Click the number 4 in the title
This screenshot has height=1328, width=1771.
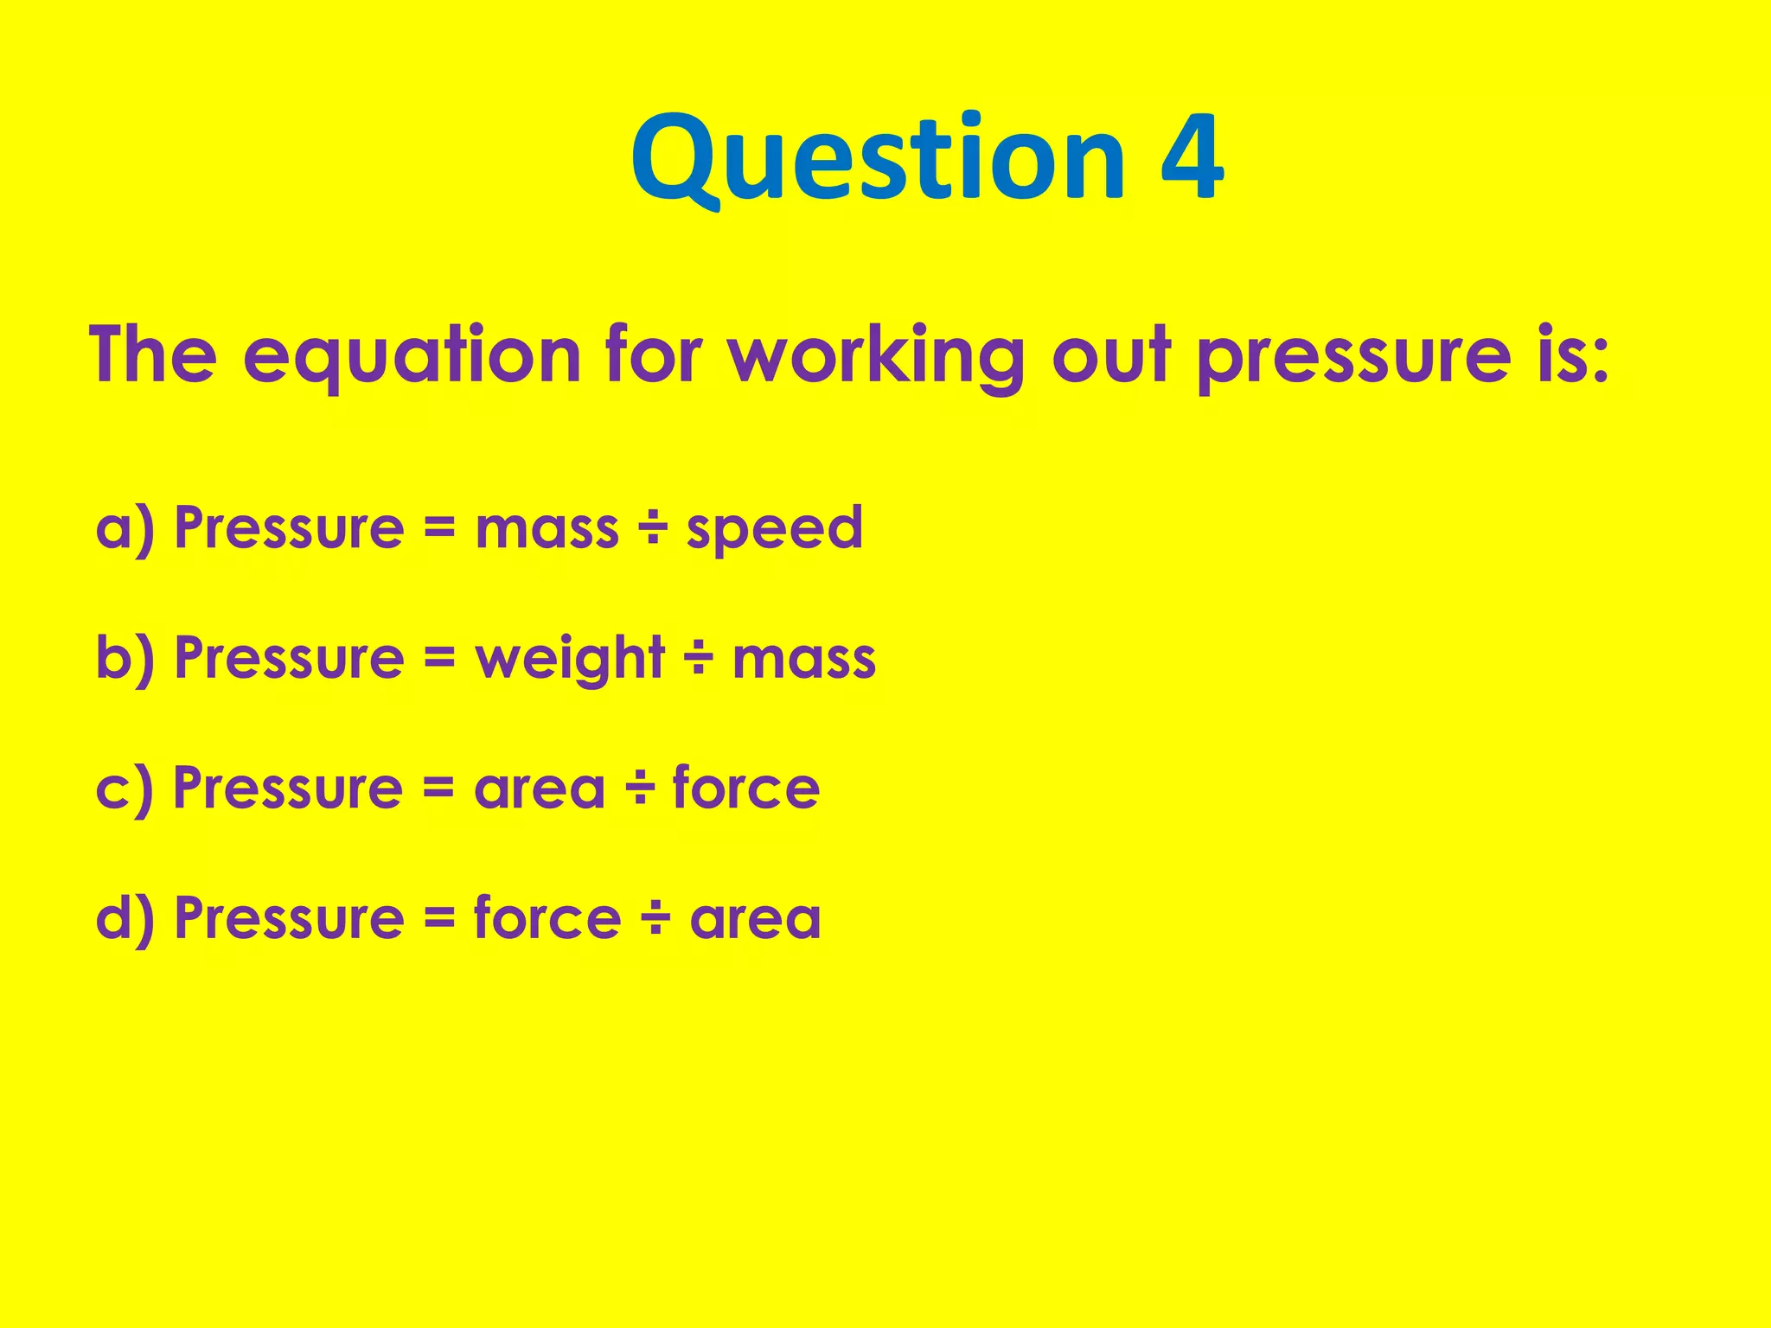(x=1192, y=159)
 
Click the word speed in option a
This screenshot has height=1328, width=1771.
(x=775, y=528)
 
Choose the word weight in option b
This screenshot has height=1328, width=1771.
(x=570, y=659)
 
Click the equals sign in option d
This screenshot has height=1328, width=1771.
(x=439, y=918)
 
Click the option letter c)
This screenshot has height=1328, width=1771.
(x=125, y=788)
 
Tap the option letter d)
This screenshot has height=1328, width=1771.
(x=125, y=918)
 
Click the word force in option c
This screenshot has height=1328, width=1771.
(x=745, y=788)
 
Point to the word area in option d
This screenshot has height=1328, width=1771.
(x=755, y=918)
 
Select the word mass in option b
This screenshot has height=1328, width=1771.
(x=804, y=659)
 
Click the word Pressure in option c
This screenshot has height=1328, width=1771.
(x=288, y=788)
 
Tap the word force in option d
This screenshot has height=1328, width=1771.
(x=547, y=917)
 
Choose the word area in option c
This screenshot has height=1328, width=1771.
(x=540, y=788)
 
